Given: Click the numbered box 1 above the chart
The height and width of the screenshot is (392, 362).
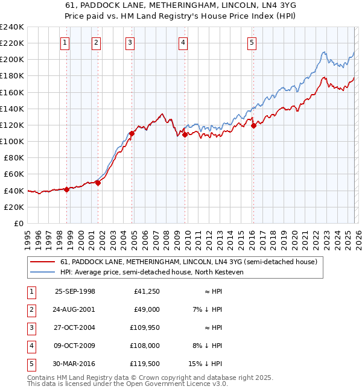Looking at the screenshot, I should click(x=65, y=42).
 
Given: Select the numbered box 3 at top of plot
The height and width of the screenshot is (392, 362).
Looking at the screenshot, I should click(x=130, y=42).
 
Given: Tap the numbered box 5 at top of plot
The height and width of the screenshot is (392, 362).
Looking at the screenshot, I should click(x=252, y=42).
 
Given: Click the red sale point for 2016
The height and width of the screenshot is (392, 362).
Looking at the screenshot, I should click(x=253, y=125).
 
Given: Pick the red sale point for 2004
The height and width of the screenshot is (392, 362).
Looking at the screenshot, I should click(x=131, y=133).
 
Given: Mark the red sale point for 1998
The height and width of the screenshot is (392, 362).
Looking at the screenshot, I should click(x=66, y=189).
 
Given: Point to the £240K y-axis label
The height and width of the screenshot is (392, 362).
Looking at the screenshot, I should click(x=11, y=27).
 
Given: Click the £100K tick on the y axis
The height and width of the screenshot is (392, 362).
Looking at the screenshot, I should click(x=11, y=141).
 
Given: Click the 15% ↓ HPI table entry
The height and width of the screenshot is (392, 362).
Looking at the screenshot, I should click(x=208, y=363).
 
